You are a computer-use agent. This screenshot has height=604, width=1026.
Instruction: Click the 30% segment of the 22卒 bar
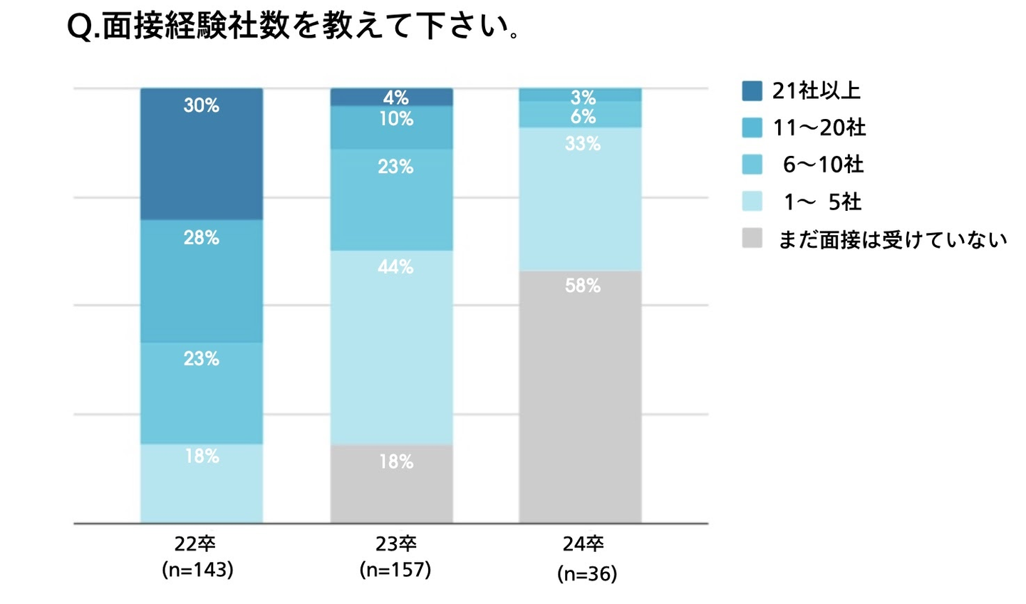202,154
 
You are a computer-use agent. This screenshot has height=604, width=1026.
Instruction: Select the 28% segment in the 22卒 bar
202,281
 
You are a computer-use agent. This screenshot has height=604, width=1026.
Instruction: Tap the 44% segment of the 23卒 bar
391,348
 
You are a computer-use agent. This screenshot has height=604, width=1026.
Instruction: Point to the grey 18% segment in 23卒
391,484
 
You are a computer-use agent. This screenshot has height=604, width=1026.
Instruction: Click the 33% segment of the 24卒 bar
580,199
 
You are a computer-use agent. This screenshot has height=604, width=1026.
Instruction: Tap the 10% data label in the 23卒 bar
396,119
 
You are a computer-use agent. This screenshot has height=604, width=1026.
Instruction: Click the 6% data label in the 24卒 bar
583,116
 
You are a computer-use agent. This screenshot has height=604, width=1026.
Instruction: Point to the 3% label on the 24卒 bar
583,98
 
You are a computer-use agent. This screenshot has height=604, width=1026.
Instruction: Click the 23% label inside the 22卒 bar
202,358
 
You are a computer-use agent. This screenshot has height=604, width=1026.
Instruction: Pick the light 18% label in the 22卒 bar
202,456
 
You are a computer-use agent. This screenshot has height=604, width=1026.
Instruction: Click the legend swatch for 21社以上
752,91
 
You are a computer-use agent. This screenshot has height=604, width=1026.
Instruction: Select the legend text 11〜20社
819,128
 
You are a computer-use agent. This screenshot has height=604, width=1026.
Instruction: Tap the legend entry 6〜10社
823,165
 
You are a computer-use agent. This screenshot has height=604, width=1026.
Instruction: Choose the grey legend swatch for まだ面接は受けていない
752,239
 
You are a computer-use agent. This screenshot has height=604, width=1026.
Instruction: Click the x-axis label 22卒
195,544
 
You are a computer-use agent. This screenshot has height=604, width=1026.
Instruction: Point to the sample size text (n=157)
395,570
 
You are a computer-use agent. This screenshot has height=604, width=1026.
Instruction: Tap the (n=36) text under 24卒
587,573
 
